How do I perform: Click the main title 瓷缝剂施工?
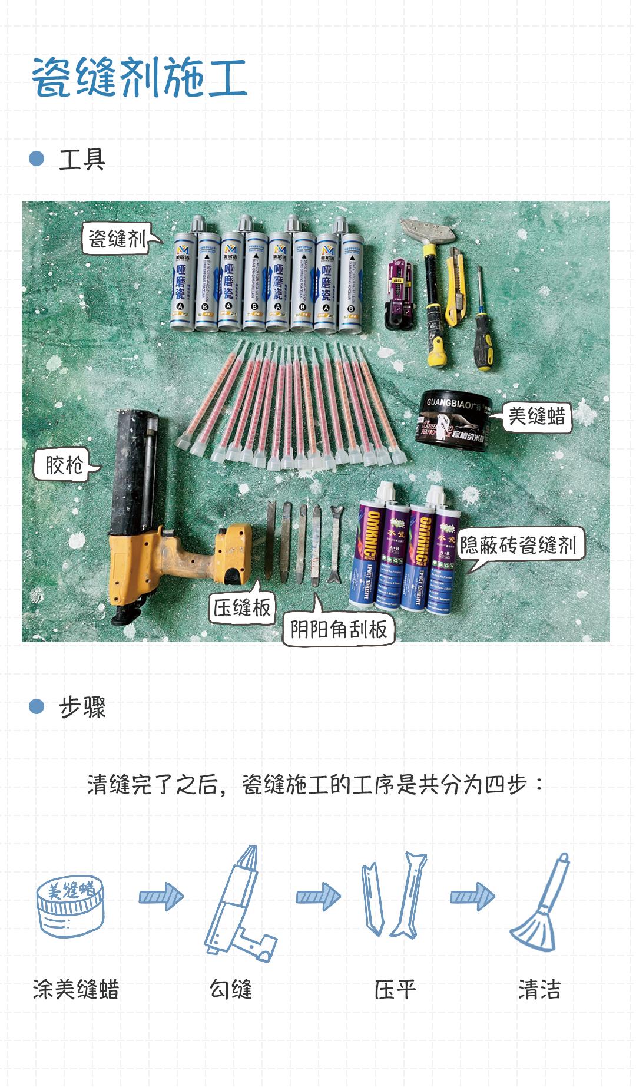140,78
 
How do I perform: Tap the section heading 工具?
82,159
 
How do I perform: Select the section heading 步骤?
82,706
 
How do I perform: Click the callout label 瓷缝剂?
117,239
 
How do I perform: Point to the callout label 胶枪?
64,465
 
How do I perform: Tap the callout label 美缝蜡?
536,417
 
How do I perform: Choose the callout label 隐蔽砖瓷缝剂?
518,545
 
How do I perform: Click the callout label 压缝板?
241,607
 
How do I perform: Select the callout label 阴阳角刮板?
338,630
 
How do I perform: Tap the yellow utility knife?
455,286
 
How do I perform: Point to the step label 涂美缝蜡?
76,989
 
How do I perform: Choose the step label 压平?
395,989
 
